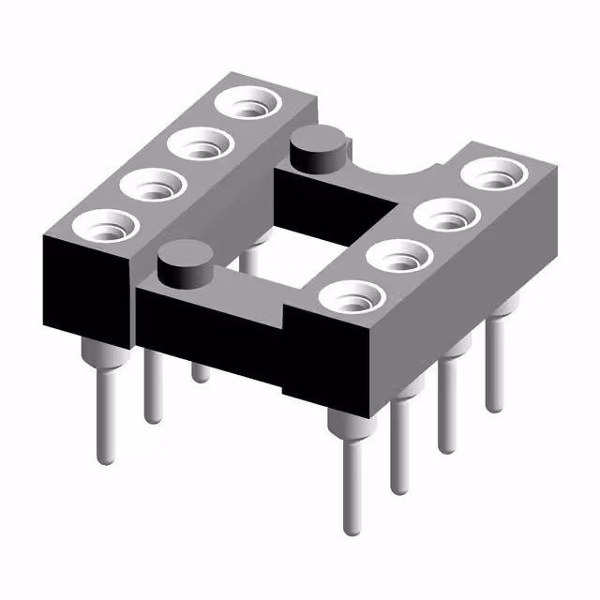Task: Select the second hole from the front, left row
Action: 151,184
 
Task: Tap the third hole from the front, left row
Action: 199,143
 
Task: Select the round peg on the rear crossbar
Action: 315,151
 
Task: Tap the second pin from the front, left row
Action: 152,384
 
